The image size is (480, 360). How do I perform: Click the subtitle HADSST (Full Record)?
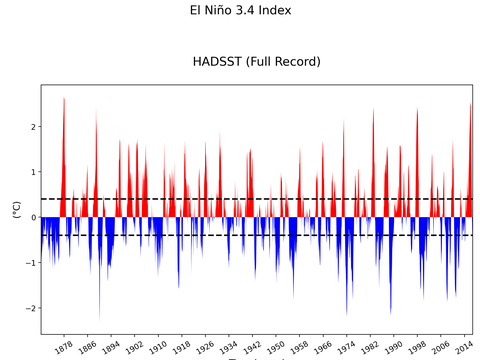coord(256,62)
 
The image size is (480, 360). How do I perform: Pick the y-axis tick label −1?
coord(30,263)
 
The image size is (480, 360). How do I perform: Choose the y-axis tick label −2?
coord(30,308)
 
